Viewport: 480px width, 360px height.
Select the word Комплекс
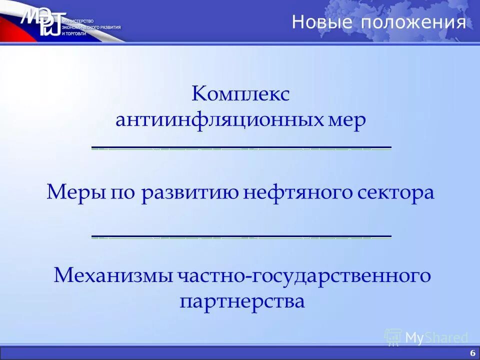[x=240, y=94]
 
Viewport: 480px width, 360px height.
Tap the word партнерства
[x=242, y=301]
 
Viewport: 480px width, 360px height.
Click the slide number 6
[x=472, y=352]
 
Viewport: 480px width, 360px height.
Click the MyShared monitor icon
[x=393, y=337]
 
